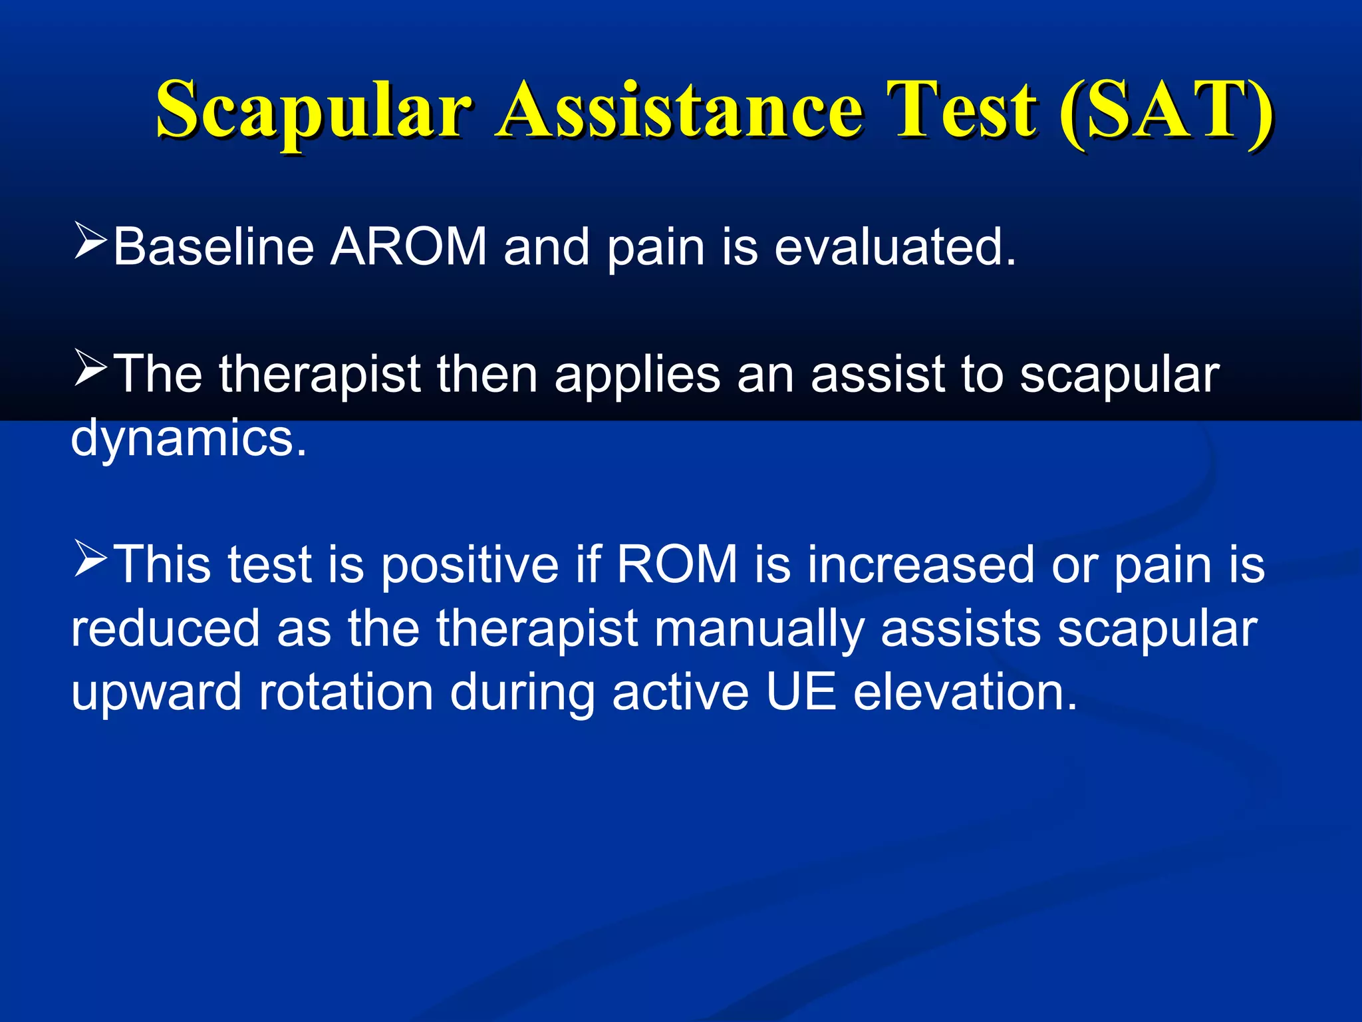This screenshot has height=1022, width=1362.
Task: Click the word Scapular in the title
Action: click(313, 110)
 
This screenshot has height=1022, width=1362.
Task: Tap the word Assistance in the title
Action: click(679, 110)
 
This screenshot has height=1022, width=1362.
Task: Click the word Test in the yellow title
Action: click(965, 110)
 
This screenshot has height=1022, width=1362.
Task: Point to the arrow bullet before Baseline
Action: click(90, 241)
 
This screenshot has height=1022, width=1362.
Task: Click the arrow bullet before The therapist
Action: click(90, 368)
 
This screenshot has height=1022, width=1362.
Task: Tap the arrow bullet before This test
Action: click(90, 558)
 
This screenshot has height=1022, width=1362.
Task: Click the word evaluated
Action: click(895, 247)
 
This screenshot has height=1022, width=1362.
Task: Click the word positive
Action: click(470, 565)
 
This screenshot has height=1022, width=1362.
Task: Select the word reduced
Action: click(166, 628)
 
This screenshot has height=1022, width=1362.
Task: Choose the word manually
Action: click(759, 629)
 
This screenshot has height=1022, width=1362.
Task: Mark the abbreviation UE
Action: click(801, 692)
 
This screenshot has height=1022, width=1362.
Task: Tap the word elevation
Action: click(965, 692)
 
